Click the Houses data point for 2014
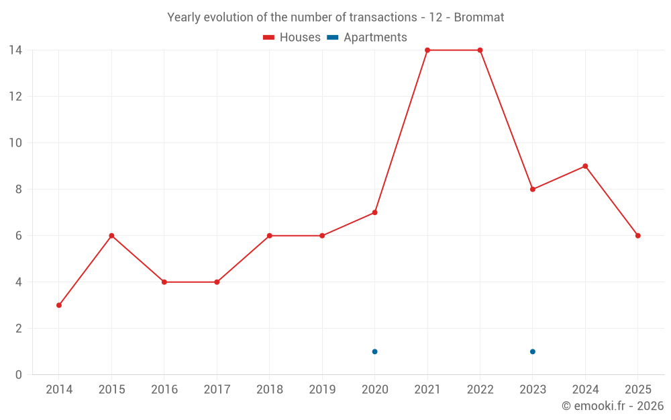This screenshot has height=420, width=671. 59,305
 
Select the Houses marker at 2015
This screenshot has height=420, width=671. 111,236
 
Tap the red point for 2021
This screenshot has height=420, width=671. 427,50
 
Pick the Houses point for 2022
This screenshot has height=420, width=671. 480,50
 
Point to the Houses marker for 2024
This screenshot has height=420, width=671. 585,166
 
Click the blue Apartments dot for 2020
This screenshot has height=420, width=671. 374,351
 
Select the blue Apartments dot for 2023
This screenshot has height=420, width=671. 533,351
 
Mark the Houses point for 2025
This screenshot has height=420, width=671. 638,236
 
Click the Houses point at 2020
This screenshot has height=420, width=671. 374,212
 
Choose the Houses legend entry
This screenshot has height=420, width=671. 292,38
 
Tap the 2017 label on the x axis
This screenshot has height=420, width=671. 217,390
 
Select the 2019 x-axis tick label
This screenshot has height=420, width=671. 322,390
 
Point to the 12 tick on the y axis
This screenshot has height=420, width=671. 15,97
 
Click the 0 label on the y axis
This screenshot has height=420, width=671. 18,375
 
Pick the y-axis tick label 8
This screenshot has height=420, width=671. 18,190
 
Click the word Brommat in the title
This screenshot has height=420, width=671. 479,17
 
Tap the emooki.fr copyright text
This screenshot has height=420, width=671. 613,406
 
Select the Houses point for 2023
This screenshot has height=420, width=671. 533,190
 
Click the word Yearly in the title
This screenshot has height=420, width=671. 185,17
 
